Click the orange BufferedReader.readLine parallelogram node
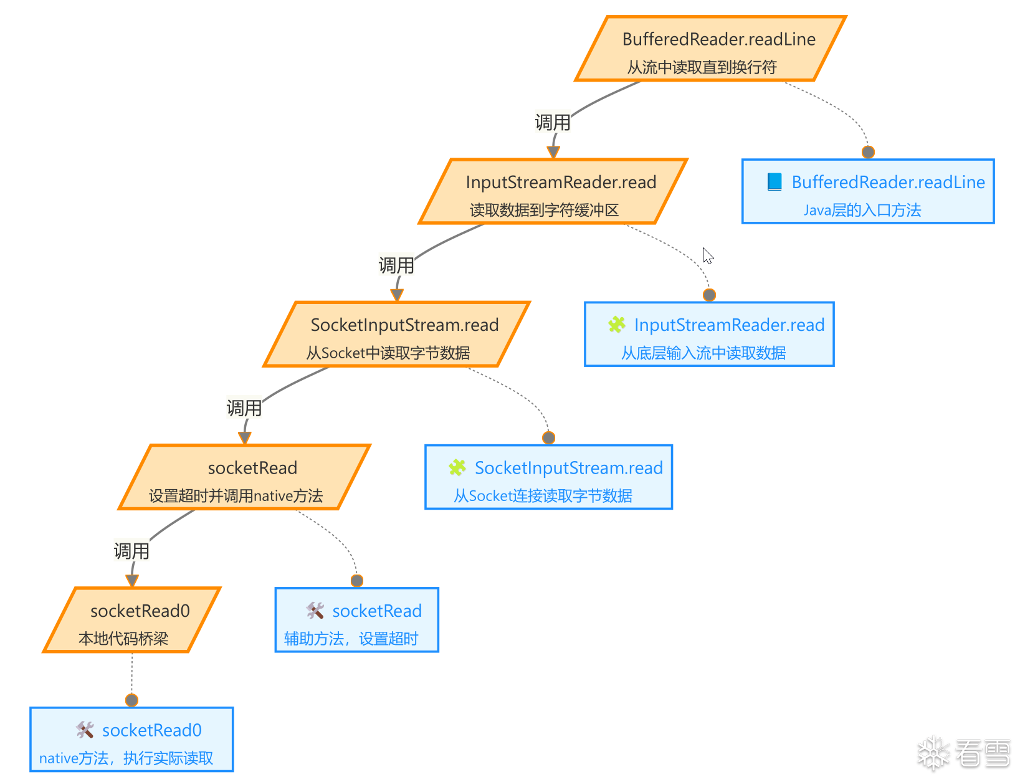pos(710,49)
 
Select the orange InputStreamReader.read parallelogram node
pos(553,191)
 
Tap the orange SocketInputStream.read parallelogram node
pos(397,334)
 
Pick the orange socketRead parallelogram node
pos(244,477)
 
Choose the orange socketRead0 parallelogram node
pos(132,619)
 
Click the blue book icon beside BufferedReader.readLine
pos(775,182)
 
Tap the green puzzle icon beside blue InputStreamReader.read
pos(616,325)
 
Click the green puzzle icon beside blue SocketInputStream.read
pos(457,467)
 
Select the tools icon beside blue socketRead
pos(315,610)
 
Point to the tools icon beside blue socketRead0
pos(85,730)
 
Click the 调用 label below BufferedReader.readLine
pos(553,123)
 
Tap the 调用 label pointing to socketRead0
pos(131,551)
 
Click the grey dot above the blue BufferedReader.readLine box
pos(868,152)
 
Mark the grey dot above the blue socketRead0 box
pos(132,700)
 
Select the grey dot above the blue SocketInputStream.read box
pos(548,437)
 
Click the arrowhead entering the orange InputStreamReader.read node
pos(553,152)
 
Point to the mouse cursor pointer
pos(707,256)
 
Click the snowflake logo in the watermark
pos(933,753)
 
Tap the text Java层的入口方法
pos(862,210)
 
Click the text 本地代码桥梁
pos(123,638)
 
